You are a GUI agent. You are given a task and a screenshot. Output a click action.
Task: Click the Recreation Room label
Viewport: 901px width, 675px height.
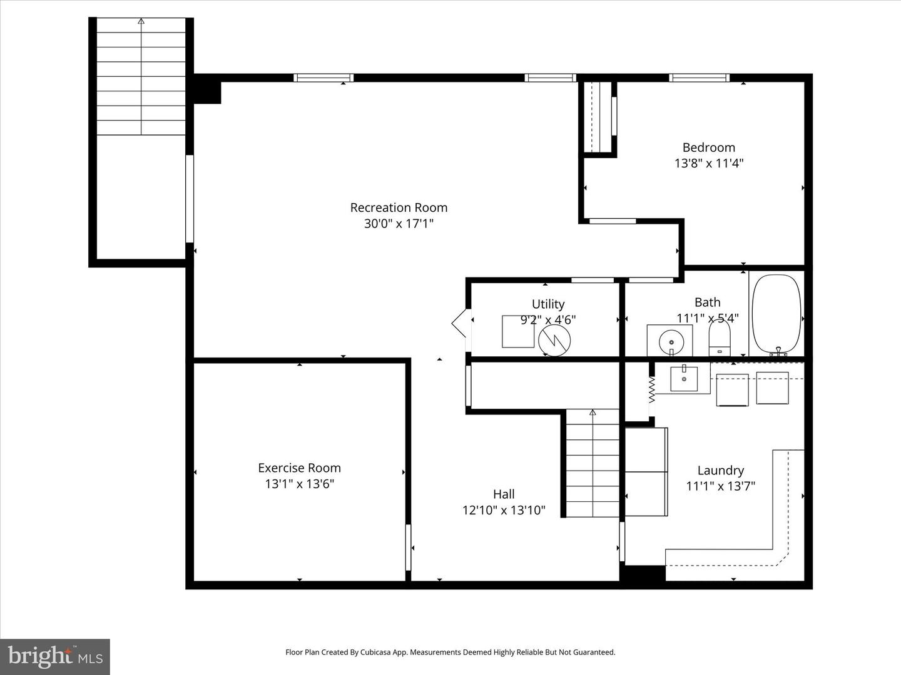pyautogui.click(x=399, y=207)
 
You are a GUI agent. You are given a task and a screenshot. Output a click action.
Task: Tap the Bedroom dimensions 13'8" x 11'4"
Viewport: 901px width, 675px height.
pyautogui.click(x=708, y=164)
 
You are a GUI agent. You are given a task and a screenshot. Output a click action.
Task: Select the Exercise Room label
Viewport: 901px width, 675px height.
pyautogui.click(x=299, y=467)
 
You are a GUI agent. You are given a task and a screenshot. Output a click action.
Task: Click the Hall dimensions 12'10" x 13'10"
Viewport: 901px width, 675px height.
pyautogui.click(x=504, y=510)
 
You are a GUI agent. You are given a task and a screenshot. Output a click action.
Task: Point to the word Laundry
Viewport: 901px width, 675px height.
pyautogui.click(x=720, y=471)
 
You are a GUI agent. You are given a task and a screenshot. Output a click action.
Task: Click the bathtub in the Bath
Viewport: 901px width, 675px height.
pyautogui.click(x=776, y=314)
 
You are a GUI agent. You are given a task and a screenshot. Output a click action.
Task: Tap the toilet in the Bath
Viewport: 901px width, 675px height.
pyautogui.click(x=719, y=339)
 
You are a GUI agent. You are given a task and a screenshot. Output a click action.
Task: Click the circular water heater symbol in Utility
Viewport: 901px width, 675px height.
pyautogui.click(x=554, y=340)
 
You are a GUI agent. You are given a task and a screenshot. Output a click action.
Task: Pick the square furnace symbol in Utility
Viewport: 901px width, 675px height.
pyautogui.click(x=518, y=332)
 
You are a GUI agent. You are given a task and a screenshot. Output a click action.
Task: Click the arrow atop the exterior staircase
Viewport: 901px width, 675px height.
pyautogui.click(x=141, y=21)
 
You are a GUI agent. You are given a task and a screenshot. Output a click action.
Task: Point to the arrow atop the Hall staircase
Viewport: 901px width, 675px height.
pyautogui.click(x=593, y=412)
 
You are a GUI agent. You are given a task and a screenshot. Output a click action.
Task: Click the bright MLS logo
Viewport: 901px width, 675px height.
pyautogui.click(x=54, y=656)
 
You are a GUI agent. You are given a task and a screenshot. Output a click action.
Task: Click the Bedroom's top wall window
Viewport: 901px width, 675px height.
pyautogui.click(x=699, y=78)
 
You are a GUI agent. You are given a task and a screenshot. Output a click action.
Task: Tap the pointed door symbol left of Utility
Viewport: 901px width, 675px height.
pyautogui.click(x=459, y=322)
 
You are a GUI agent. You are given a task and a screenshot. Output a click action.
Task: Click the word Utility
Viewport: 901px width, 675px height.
pyautogui.click(x=548, y=304)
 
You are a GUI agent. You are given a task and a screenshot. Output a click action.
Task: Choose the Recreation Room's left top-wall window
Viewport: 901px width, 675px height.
pyautogui.click(x=323, y=78)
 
